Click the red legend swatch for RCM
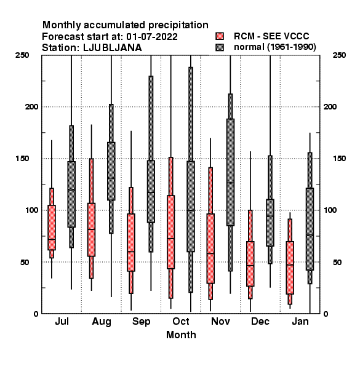pyautogui.click(x=220, y=36)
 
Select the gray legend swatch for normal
pyautogui.click(x=220, y=47)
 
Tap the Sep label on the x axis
pyautogui.click(x=142, y=322)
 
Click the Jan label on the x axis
pyautogui.click(x=300, y=322)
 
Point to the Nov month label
pyautogui.click(x=220, y=322)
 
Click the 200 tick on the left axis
pyautogui.click(x=31, y=107)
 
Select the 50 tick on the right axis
pyautogui.click(x=337, y=262)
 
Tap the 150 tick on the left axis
pyautogui.click(x=22, y=159)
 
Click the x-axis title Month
pyautogui.click(x=181, y=335)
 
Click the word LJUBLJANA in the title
pyautogui.click(x=113, y=48)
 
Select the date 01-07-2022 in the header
pyautogui.click(x=152, y=37)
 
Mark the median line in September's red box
pyautogui.click(x=131, y=252)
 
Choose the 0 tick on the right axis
pyautogui.click(x=326, y=314)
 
